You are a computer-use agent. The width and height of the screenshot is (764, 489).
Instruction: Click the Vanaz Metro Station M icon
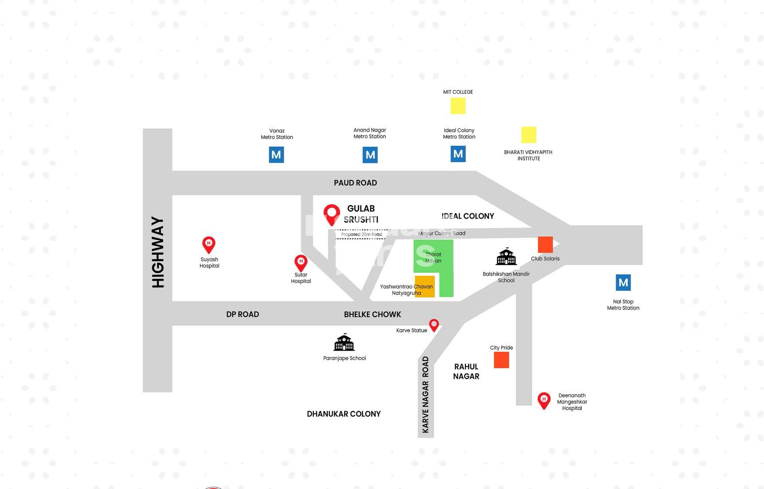tap(276, 155)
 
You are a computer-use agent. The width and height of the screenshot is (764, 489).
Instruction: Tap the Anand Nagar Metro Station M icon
tap(370, 155)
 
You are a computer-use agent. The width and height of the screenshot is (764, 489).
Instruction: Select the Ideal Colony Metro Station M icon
tap(458, 154)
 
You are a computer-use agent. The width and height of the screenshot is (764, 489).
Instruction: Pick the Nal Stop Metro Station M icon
tap(623, 282)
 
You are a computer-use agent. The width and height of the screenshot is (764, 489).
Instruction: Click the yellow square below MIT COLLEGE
tap(458, 106)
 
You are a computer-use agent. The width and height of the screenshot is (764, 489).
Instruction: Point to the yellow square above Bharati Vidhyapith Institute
tap(529, 135)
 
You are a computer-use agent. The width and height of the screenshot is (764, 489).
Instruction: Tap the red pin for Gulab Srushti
tap(331, 214)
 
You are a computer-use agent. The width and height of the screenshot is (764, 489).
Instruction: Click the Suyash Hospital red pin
tap(209, 244)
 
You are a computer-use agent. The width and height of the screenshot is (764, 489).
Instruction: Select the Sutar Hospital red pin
tap(301, 262)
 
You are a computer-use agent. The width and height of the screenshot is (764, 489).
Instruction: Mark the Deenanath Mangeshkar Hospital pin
tap(544, 400)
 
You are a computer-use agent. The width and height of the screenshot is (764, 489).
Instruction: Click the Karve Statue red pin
tap(434, 325)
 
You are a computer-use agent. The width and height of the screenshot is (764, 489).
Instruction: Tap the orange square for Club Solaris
tap(545, 244)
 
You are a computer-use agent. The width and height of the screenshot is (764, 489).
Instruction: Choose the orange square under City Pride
tap(501, 360)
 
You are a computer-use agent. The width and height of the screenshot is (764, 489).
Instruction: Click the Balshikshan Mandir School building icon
tap(506, 257)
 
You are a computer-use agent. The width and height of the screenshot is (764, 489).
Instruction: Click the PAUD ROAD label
tap(355, 183)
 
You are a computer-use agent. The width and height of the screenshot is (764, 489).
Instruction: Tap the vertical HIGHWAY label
tap(158, 252)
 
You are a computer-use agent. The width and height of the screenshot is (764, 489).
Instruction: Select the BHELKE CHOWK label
tap(372, 314)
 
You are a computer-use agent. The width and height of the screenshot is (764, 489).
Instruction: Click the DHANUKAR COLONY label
tap(344, 414)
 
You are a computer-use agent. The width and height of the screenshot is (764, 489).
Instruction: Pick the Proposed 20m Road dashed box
tap(362, 234)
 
